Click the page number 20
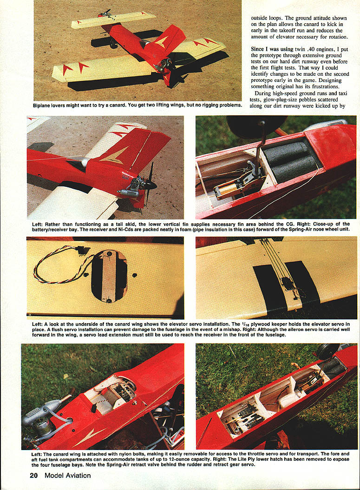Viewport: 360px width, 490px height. [34, 476]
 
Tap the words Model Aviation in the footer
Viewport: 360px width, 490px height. [67, 476]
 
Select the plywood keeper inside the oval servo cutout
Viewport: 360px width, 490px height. [109, 276]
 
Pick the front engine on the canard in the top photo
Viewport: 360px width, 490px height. [105, 13]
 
